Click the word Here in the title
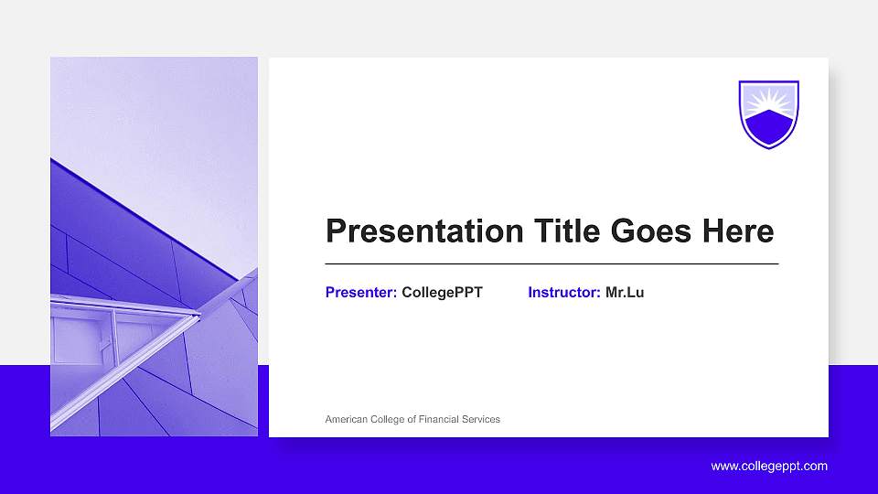pyautogui.click(x=738, y=231)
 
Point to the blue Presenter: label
pyautogui.click(x=361, y=293)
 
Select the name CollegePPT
pyautogui.click(x=442, y=293)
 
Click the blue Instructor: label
pyautogui.click(x=564, y=293)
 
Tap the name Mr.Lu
pyautogui.click(x=625, y=293)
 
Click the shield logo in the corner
pyautogui.click(x=768, y=113)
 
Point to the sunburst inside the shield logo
pyautogui.click(x=768, y=98)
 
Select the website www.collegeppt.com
pyautogui.click(x=769, y=466)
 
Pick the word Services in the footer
pyautogui.click(x=481, y=419)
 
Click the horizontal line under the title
pyautogui.click(x=551, y=263)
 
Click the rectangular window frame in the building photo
pyautogui.click(x=82, y=338)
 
